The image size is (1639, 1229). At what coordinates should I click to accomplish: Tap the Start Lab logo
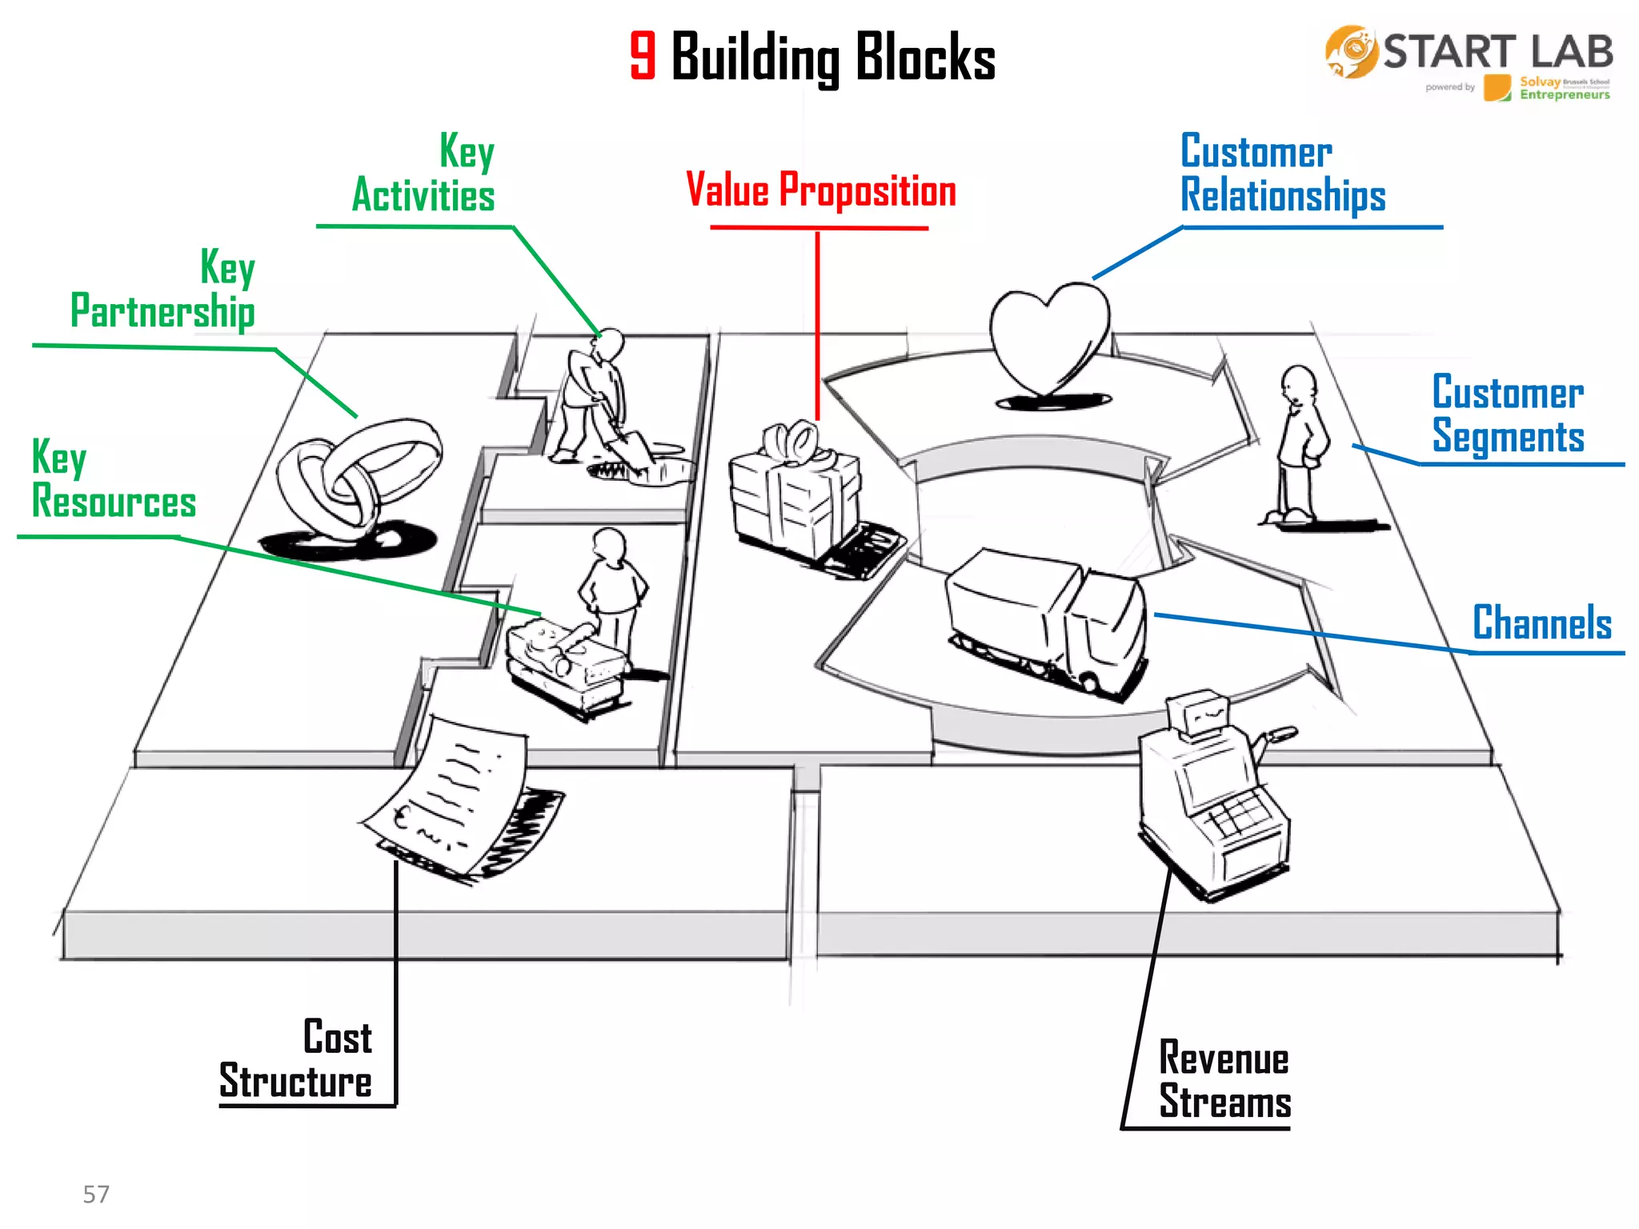pos(1469,62)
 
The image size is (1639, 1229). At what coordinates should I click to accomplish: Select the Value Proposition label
pos(821,190)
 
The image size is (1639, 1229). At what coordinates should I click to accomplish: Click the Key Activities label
pos(424,174)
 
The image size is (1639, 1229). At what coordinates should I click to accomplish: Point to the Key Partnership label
pos(163,290)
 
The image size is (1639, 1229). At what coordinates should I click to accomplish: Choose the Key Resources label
pos(114,480)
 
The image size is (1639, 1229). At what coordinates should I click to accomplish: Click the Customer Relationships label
pos(1283,174)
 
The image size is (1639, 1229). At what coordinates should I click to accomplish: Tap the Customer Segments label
pos(1508,414)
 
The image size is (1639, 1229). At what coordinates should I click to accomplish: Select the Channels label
pos(1542,623)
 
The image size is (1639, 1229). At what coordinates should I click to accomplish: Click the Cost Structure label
pos(296,1059)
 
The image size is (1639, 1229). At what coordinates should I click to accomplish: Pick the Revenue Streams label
pos(1224,1080)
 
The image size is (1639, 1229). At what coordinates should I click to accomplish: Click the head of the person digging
pos(611,344)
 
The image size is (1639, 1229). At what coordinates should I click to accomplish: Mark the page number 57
pos(96,1195)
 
